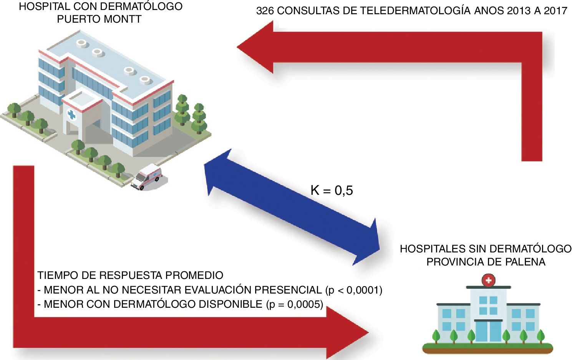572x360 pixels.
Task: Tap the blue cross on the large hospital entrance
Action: click(x=71, y=114)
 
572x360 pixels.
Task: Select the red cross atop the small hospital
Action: click(x=488, y=280)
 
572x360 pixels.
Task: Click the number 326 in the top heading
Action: click(x=265, y=11)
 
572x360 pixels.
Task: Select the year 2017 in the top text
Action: click(x=555, y=11)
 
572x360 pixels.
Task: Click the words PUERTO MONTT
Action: click(x=99, y=19)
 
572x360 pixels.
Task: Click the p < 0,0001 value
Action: click(x=354, y=290)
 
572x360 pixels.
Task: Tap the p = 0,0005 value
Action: click(x=295, y=304)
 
